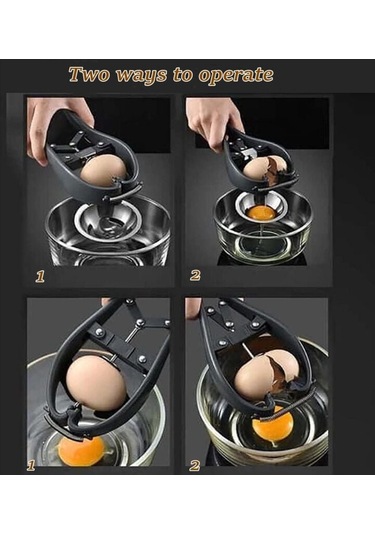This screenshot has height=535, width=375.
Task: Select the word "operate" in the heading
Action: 236,76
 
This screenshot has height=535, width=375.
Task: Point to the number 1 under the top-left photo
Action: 40,276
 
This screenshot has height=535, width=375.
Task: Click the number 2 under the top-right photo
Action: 195,275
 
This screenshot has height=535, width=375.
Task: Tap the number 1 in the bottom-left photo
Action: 31,465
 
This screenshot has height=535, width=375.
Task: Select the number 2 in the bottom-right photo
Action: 194,465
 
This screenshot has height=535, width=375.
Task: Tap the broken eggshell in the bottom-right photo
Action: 273,375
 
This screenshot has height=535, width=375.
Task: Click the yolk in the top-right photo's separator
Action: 261,214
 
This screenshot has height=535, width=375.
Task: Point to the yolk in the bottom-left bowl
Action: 81,451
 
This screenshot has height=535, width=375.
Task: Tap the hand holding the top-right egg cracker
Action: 213,123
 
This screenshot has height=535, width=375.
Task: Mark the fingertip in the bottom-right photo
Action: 192,305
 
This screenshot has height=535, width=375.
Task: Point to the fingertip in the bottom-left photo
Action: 107,302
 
